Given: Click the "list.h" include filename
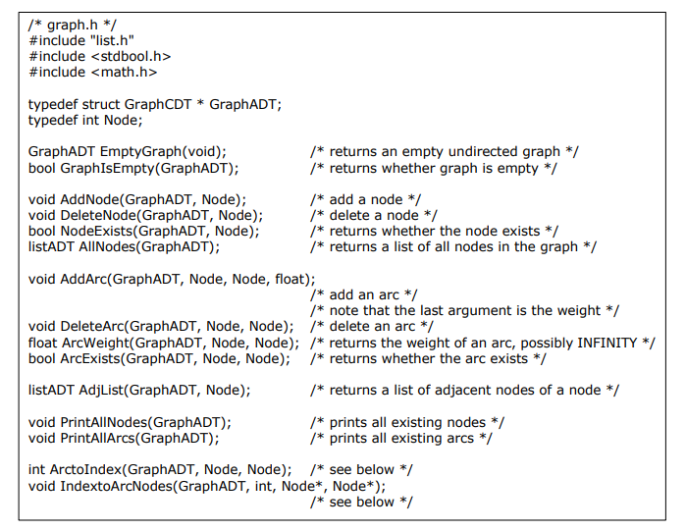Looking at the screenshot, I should pyautogui.click(x=113, y=40).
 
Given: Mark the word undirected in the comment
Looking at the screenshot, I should pyautogui.click(x=480, y=152).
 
